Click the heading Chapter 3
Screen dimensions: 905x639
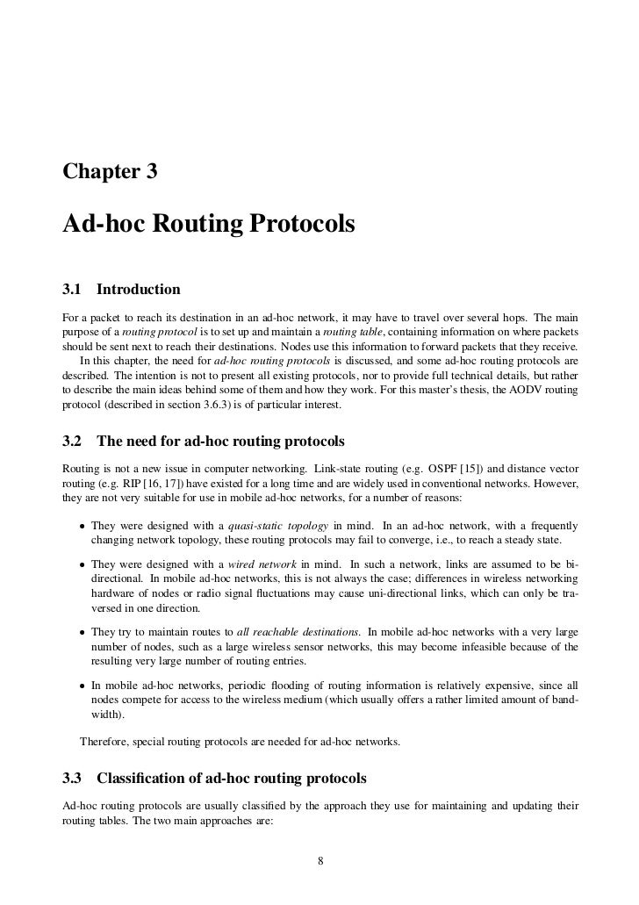[x=110, y=172]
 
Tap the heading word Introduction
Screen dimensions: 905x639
[x=138, y=289]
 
